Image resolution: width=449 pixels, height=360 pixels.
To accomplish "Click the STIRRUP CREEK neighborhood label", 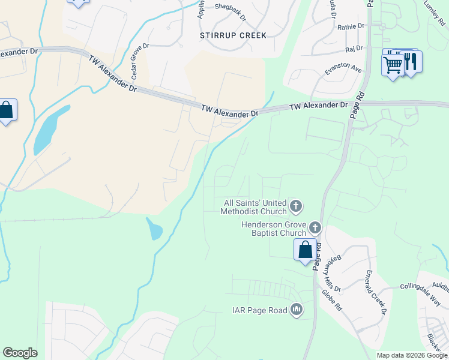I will click(x=232, y=35).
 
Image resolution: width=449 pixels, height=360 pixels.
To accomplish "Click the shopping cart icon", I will click(x=393, y=64).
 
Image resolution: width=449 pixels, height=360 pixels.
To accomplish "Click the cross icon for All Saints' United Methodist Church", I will click(x=295, y=207).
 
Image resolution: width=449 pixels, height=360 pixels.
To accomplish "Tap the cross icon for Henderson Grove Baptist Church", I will click(x=315, y=228).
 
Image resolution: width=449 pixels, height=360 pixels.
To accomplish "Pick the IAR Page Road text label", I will click(x=260, y=310).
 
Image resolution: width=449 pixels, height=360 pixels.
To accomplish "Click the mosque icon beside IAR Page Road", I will click(x=296, y=310).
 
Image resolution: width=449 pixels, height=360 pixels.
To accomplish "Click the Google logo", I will click(x=20, y=353).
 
